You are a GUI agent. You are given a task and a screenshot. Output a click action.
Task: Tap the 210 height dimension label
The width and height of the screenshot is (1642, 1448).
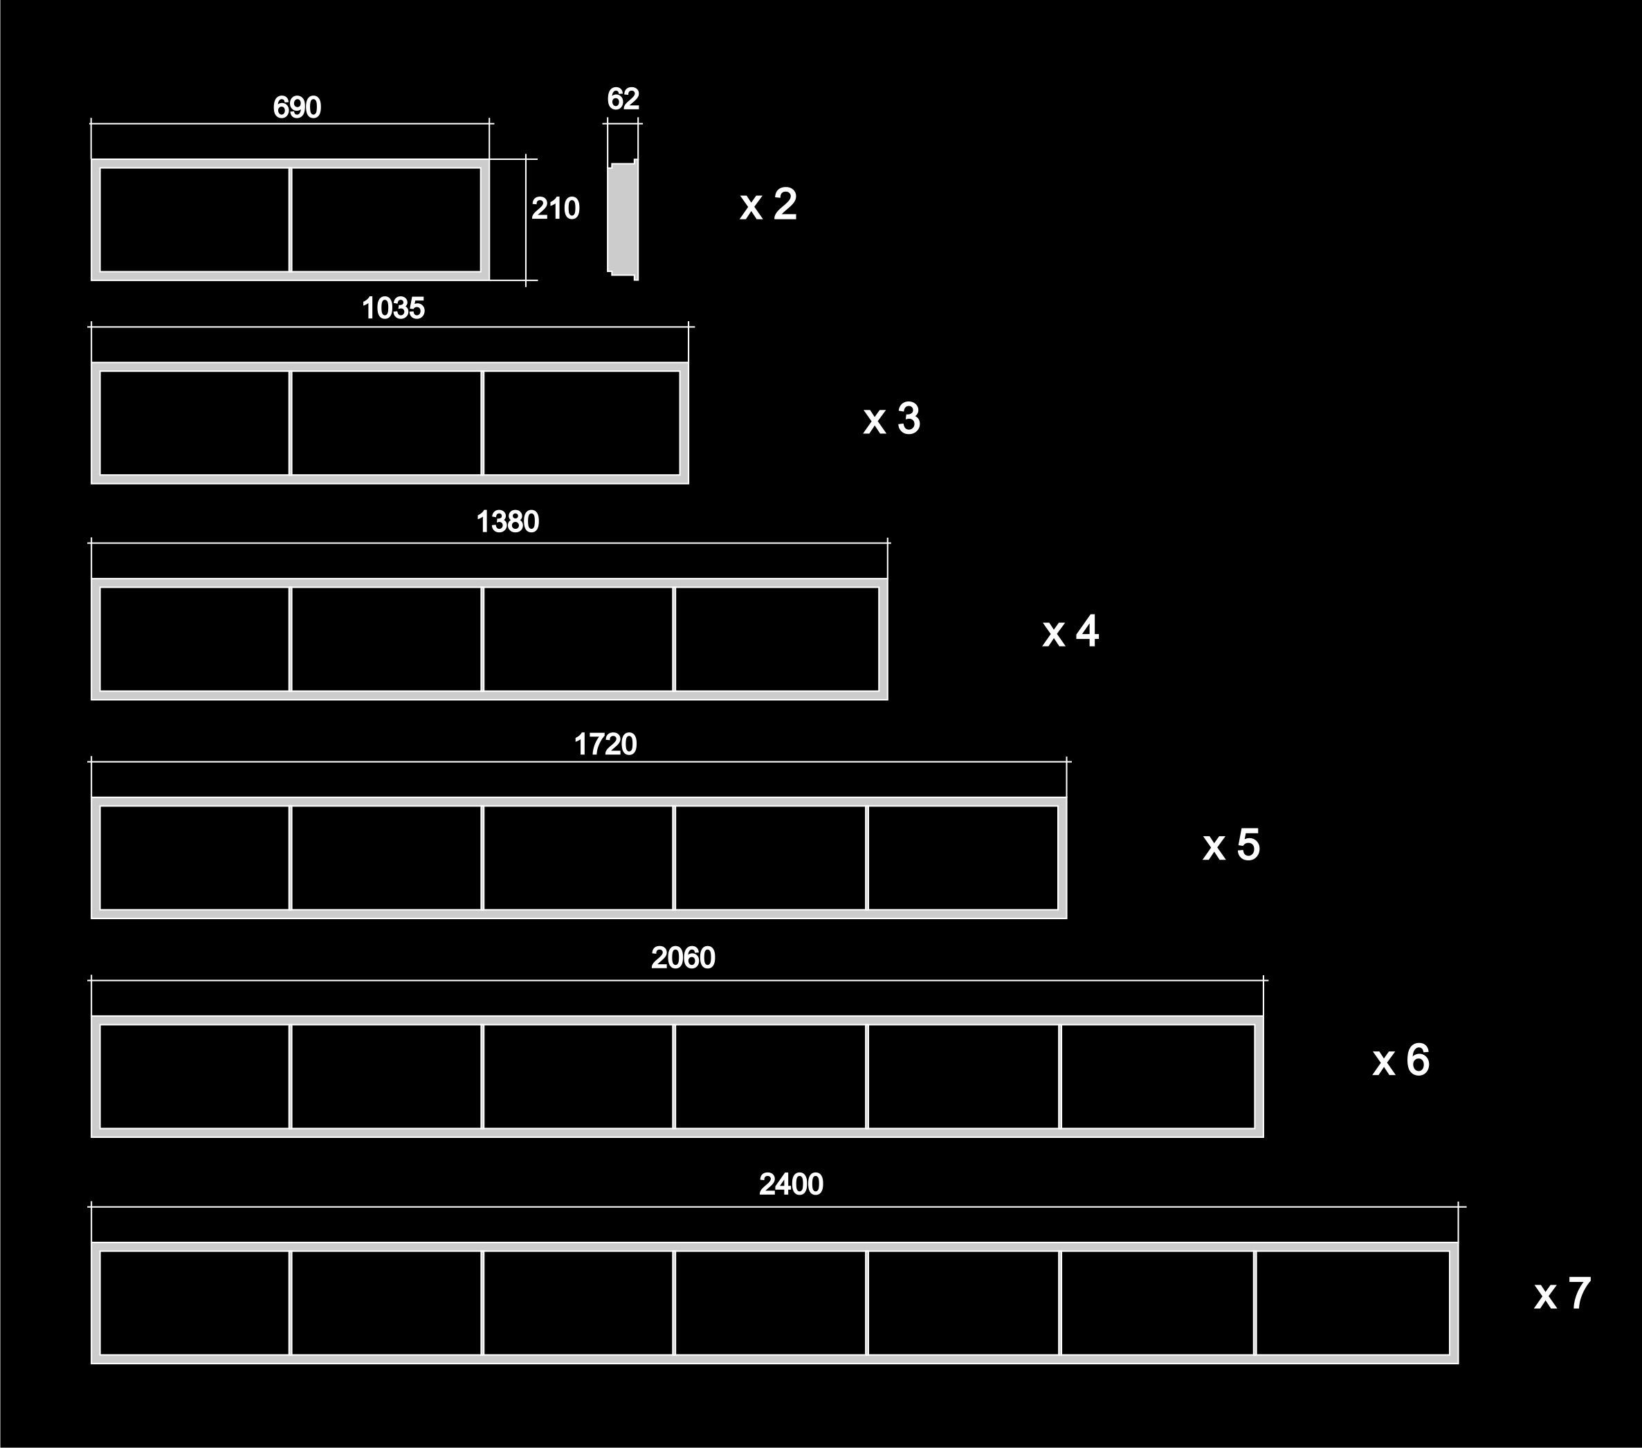555,209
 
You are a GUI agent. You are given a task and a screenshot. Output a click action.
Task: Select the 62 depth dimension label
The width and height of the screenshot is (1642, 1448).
623,99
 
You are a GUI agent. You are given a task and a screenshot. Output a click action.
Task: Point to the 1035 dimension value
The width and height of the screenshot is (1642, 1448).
393,309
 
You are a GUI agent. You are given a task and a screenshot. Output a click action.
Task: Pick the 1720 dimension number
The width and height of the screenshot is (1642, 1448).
605,745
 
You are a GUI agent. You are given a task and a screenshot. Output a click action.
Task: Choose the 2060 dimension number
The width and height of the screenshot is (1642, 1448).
683,958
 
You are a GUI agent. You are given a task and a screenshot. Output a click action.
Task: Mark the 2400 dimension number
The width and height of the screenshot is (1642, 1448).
792,1184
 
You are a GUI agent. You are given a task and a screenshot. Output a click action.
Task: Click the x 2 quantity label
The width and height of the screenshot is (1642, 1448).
769,204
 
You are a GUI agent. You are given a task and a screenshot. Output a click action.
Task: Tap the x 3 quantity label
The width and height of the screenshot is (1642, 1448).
892,419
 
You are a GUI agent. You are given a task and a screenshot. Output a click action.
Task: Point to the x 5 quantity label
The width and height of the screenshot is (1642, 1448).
1232,845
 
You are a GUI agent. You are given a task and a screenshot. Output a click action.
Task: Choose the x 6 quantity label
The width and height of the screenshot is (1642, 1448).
1401,1060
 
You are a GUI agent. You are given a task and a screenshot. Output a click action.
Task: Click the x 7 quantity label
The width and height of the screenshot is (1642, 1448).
1562,1294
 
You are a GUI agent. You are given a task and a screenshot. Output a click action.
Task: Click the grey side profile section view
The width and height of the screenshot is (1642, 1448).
623,219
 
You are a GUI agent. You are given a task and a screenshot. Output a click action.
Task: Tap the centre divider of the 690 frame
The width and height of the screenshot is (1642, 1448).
290,219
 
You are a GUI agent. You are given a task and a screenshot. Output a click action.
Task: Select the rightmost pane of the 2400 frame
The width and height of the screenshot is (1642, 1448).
1353,1303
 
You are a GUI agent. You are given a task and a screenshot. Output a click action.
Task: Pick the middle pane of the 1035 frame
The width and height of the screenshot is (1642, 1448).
386,423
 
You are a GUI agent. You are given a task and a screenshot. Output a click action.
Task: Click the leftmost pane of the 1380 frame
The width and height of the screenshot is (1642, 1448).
194,639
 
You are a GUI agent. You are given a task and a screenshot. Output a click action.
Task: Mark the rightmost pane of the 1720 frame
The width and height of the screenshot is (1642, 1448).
963,858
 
